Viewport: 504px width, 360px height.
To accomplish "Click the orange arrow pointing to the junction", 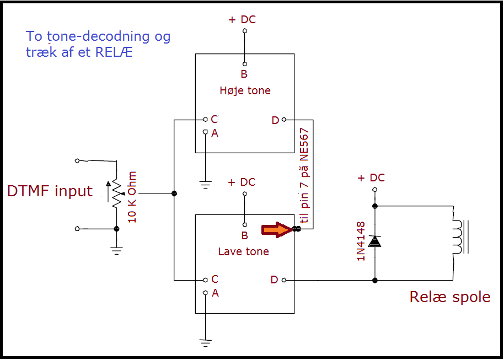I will click(276, 229).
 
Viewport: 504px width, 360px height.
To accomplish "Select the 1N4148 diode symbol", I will click(375, 241).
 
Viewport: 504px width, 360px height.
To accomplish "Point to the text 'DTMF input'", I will click(50, 191).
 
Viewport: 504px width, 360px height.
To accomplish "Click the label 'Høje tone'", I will click(245, 90).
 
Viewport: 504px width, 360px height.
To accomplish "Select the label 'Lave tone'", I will click(243, 251).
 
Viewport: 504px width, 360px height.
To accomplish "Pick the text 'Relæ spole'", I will click(449, 297).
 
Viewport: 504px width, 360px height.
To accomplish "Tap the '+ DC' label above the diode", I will click(371, 178).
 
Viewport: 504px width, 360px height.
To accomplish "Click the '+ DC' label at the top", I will click(242, 20).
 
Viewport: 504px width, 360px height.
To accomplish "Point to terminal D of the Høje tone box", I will click(284, 120).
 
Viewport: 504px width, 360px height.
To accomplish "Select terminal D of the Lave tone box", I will click(284, 280).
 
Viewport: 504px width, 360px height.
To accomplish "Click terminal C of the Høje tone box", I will click(205, 119).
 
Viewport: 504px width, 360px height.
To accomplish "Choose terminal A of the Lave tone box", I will click(205, 293).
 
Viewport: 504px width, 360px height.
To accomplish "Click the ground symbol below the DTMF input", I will click(116, 249).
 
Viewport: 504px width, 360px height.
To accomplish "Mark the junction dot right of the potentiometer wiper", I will click(174, 193).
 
